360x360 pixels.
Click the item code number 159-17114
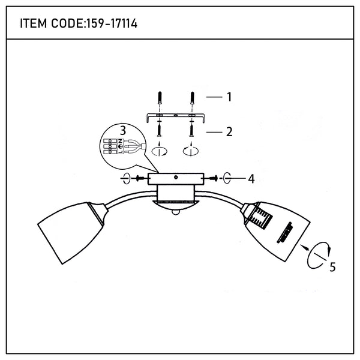[112, 23]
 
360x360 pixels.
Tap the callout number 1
[229, 97]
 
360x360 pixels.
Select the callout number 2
[229, 132]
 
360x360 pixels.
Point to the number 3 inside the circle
[123, 131]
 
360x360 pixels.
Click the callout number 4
[251, 179]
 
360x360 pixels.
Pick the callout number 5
[332, 267]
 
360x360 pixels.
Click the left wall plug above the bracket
[160, 98]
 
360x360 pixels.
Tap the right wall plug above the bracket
[193, 98]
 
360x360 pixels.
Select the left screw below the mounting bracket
[159, 130]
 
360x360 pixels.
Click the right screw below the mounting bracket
[191, 130]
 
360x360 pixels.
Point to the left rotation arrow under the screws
[160, 151]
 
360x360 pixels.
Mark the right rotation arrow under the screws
[191, 151]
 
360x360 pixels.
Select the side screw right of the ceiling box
[212, 178]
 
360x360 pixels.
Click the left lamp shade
[71, 231]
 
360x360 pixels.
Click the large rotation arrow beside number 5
[319, 255]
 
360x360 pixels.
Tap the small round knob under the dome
[175, 212]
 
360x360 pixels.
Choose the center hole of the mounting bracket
[176, 115]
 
